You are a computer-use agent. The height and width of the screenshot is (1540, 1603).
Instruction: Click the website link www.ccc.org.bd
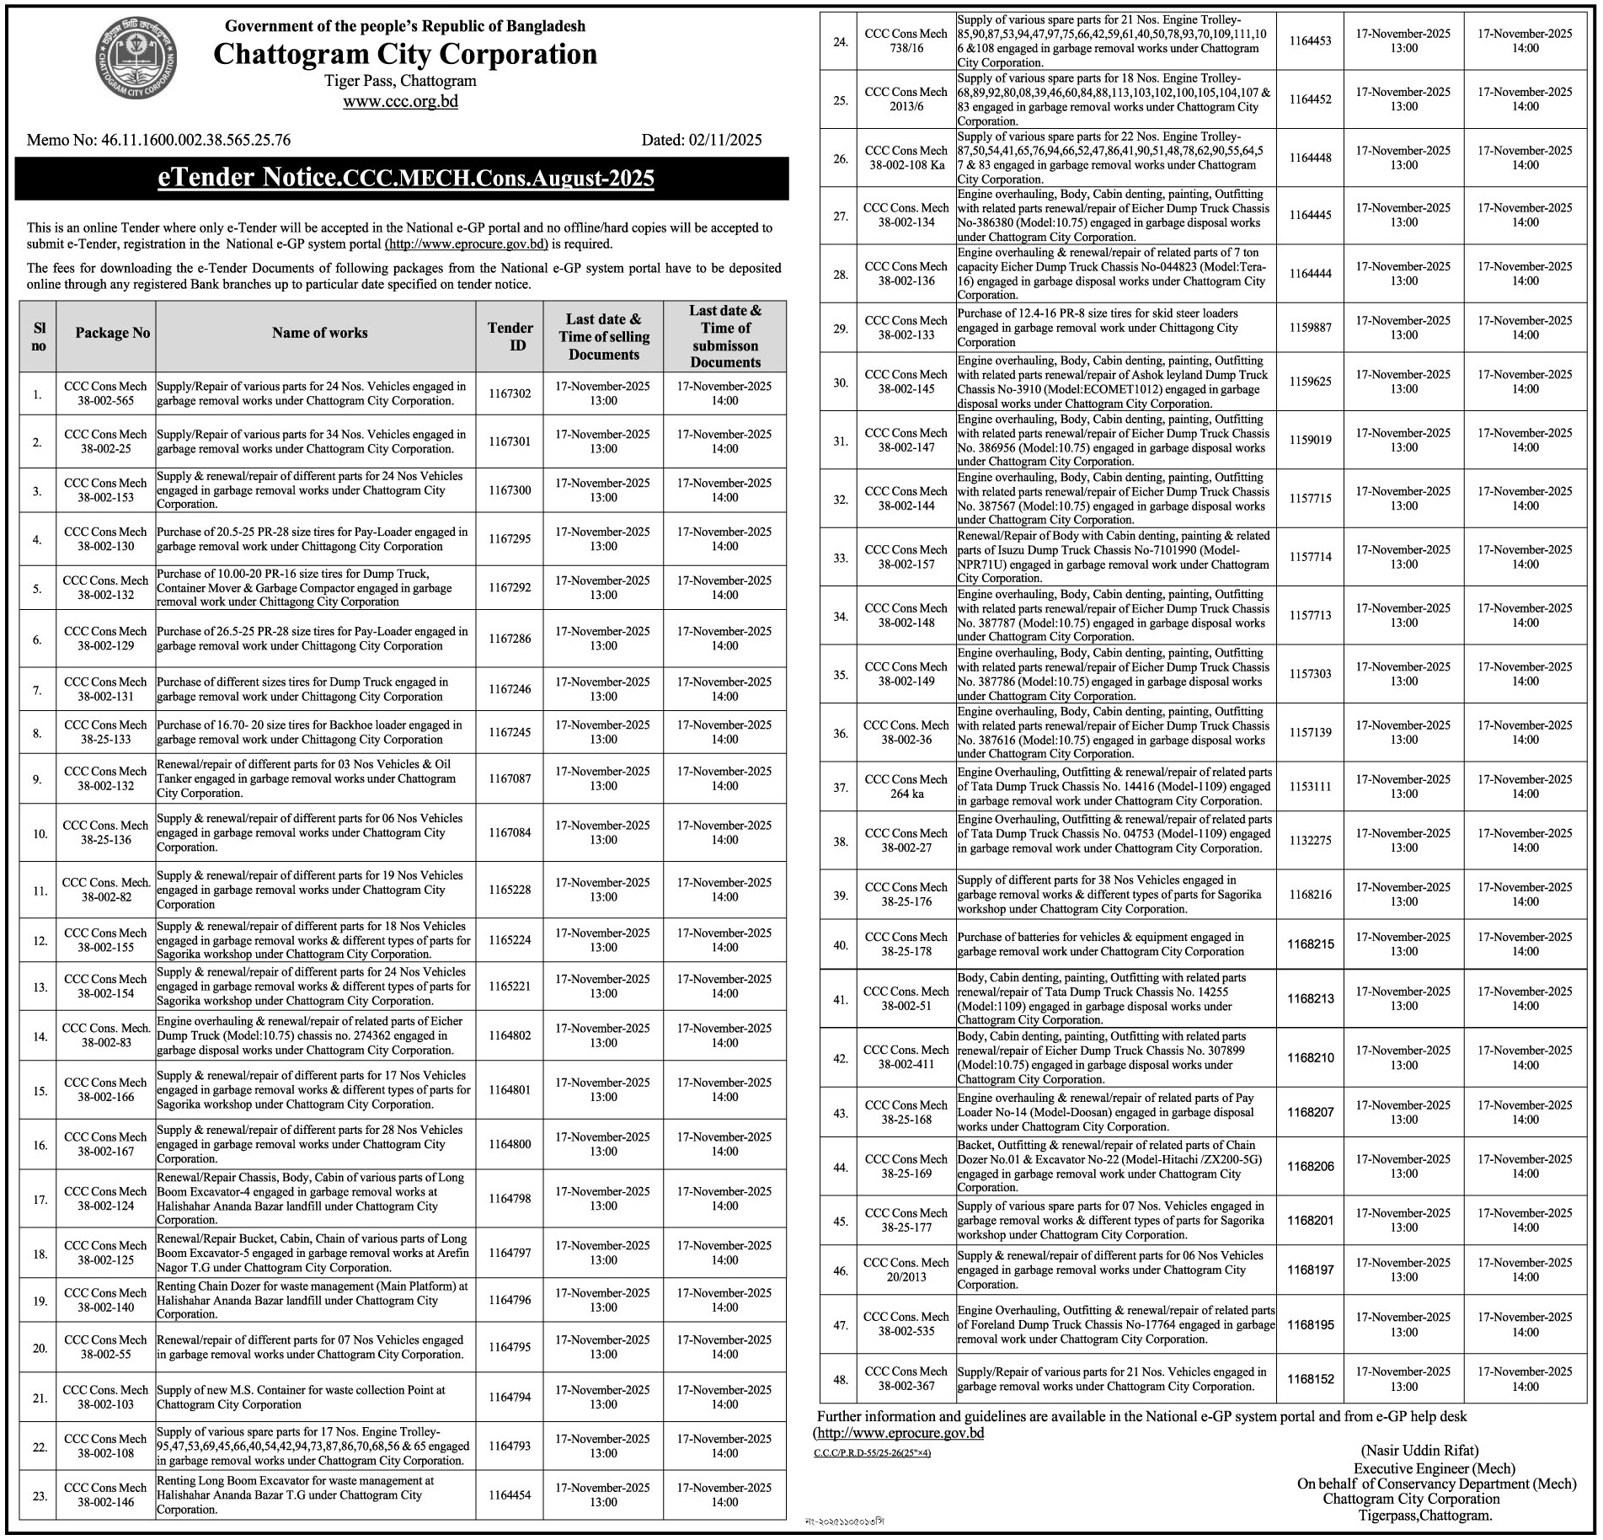pyautogui.click(x=400, y=102)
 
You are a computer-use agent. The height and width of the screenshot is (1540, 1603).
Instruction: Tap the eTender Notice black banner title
pyautogui.click(x=406, y=179)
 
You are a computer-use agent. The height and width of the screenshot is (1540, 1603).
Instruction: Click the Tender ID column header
pyautogui.click(x=510, y=336)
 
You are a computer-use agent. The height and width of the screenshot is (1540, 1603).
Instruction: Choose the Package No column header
pyautogui.click(x=112, y=333)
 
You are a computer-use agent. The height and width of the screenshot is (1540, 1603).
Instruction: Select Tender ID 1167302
pyautogui.click(x=510, y=393)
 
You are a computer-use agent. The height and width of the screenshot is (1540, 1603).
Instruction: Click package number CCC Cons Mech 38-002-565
pyautogui.click(x=105, y=393)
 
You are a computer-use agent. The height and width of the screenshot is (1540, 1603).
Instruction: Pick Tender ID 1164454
pyautogui.click(x=510, y=1495)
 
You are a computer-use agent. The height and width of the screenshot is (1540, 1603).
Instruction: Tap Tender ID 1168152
pyautogui.click(x=1311, y=1379)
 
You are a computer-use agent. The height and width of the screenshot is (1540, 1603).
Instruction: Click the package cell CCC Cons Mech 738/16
pyautogui.click(x=906, y=41)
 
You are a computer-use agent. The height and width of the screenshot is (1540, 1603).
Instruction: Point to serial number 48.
pyautogui.click(x=841, y=1380)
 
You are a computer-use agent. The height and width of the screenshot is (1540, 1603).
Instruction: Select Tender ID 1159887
pyautogui.click(x=1311, y=328)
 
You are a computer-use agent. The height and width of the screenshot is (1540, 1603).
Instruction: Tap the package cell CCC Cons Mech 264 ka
pyautogui.click(x=906, y=786)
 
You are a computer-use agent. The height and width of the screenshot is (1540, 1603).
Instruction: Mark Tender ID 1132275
pyautogui.click(x=1311, y=841)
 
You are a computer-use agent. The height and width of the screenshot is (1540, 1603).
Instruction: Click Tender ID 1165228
pyautogui.click(x=510, y=890)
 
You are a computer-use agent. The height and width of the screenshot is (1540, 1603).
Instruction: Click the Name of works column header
pyautogui.click(x=319, y=333)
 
